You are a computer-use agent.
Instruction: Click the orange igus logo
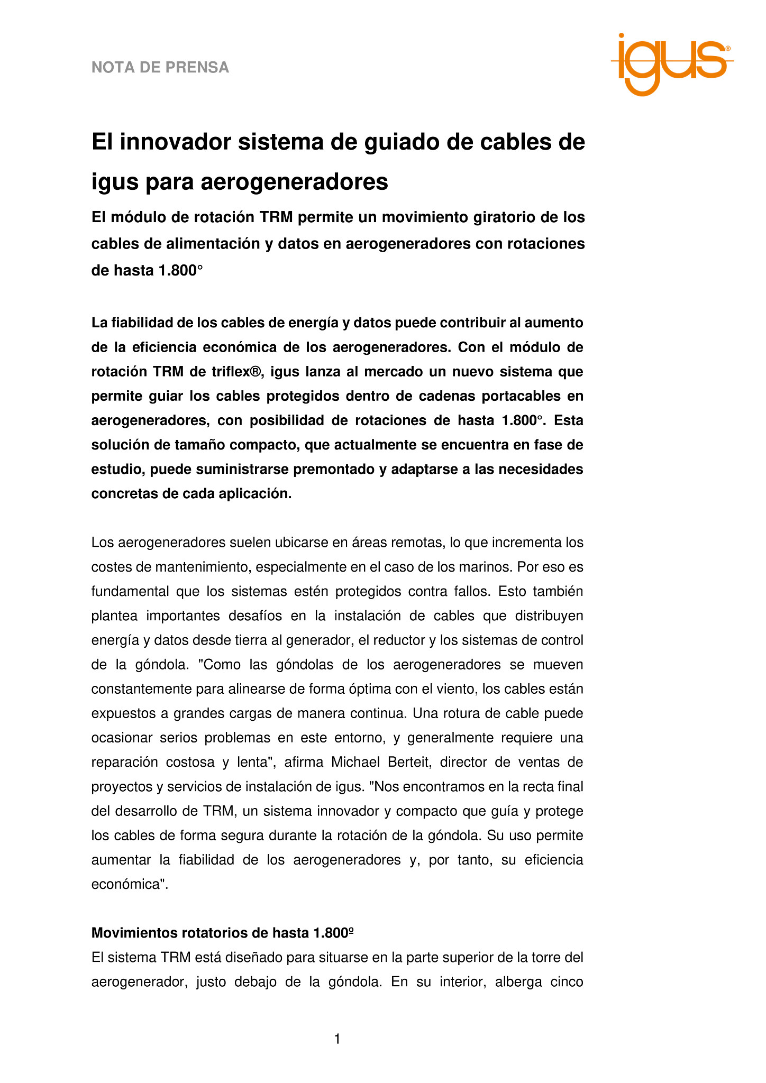click(672, 63)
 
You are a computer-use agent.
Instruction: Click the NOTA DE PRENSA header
click(160, 68)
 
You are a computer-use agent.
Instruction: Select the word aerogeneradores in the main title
click(294, 181)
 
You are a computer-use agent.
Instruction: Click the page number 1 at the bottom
click(337, 1039)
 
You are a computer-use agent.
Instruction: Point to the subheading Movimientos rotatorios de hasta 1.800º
click(222, 933)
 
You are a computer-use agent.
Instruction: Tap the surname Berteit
click(409, 762)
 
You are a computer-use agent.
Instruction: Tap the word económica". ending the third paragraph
click(130, 884)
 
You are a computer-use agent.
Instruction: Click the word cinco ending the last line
click(565, 982)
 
